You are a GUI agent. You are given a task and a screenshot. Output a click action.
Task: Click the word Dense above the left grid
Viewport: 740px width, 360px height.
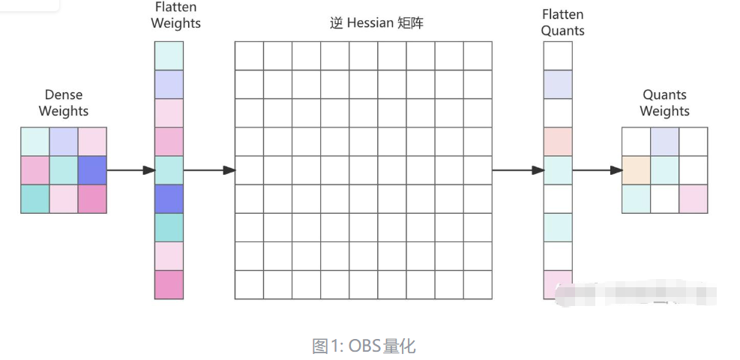click(64, 94)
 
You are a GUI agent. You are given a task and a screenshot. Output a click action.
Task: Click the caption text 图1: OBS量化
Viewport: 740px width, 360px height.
click(364, 346)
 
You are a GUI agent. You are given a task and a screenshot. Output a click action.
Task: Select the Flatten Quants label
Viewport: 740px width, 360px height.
click(562, 22)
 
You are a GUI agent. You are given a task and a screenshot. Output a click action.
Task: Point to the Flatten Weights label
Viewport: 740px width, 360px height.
click(175, 16)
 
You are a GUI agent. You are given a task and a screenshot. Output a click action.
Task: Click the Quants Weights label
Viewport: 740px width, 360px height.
click(664, 103)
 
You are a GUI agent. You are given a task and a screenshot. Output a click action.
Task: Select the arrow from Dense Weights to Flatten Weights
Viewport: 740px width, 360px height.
click(130, 170)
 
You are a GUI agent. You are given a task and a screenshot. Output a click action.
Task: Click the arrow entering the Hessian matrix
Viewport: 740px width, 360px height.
click(209, 170)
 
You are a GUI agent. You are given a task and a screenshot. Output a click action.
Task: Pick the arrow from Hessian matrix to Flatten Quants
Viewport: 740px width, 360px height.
click(517, 170)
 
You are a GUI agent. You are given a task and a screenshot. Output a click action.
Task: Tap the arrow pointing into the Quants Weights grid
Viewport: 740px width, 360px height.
click(598, 170)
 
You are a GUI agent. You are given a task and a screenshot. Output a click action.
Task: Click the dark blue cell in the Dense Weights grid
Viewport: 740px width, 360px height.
click(92, 170)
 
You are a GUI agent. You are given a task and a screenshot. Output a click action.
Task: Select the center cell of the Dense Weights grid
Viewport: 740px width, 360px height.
click(64, 170)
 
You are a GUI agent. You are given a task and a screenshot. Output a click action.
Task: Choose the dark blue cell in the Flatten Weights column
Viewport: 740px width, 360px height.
click(169, 199)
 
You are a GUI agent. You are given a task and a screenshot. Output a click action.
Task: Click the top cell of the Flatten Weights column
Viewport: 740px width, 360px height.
click(169, 55)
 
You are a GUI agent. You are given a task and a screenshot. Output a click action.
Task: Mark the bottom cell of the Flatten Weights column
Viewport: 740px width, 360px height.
click(169, 284)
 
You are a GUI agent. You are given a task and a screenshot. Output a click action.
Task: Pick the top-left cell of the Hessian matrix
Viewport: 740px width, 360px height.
click(249, 55)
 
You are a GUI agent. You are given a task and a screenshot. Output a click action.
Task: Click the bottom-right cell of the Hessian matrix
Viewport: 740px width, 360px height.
click(478, 284)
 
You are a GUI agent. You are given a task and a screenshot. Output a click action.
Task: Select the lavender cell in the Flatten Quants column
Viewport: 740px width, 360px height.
click(558, 84)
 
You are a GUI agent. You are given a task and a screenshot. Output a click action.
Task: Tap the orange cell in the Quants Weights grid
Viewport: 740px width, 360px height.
click(636, 170)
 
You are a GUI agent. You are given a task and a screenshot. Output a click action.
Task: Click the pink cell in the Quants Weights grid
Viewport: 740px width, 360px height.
click(693, 199)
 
